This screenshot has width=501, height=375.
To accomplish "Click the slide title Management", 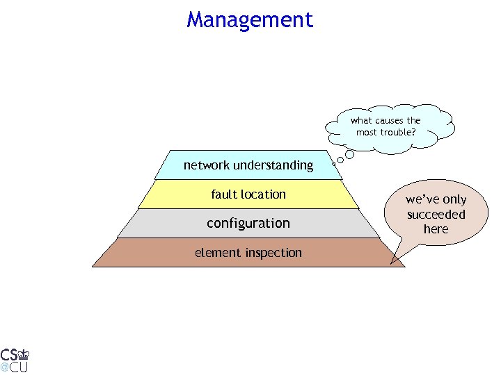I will [250, 19].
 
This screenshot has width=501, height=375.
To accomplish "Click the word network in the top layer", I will [207, 165].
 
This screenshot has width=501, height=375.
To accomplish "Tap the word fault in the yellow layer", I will [225, 194].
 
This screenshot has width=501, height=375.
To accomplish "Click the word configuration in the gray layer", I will [248, 224].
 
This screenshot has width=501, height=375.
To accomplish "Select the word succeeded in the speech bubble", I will [436, 215].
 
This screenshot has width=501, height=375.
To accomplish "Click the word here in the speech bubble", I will [436, 229].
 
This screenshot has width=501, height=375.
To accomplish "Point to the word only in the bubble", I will [454, 200].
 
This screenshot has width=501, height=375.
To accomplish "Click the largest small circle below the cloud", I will [350, 155].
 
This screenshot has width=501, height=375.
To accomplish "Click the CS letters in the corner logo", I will [9, 353].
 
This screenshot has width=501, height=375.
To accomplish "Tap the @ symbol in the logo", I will [4, 366].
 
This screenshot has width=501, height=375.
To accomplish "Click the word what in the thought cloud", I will [362, 121].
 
